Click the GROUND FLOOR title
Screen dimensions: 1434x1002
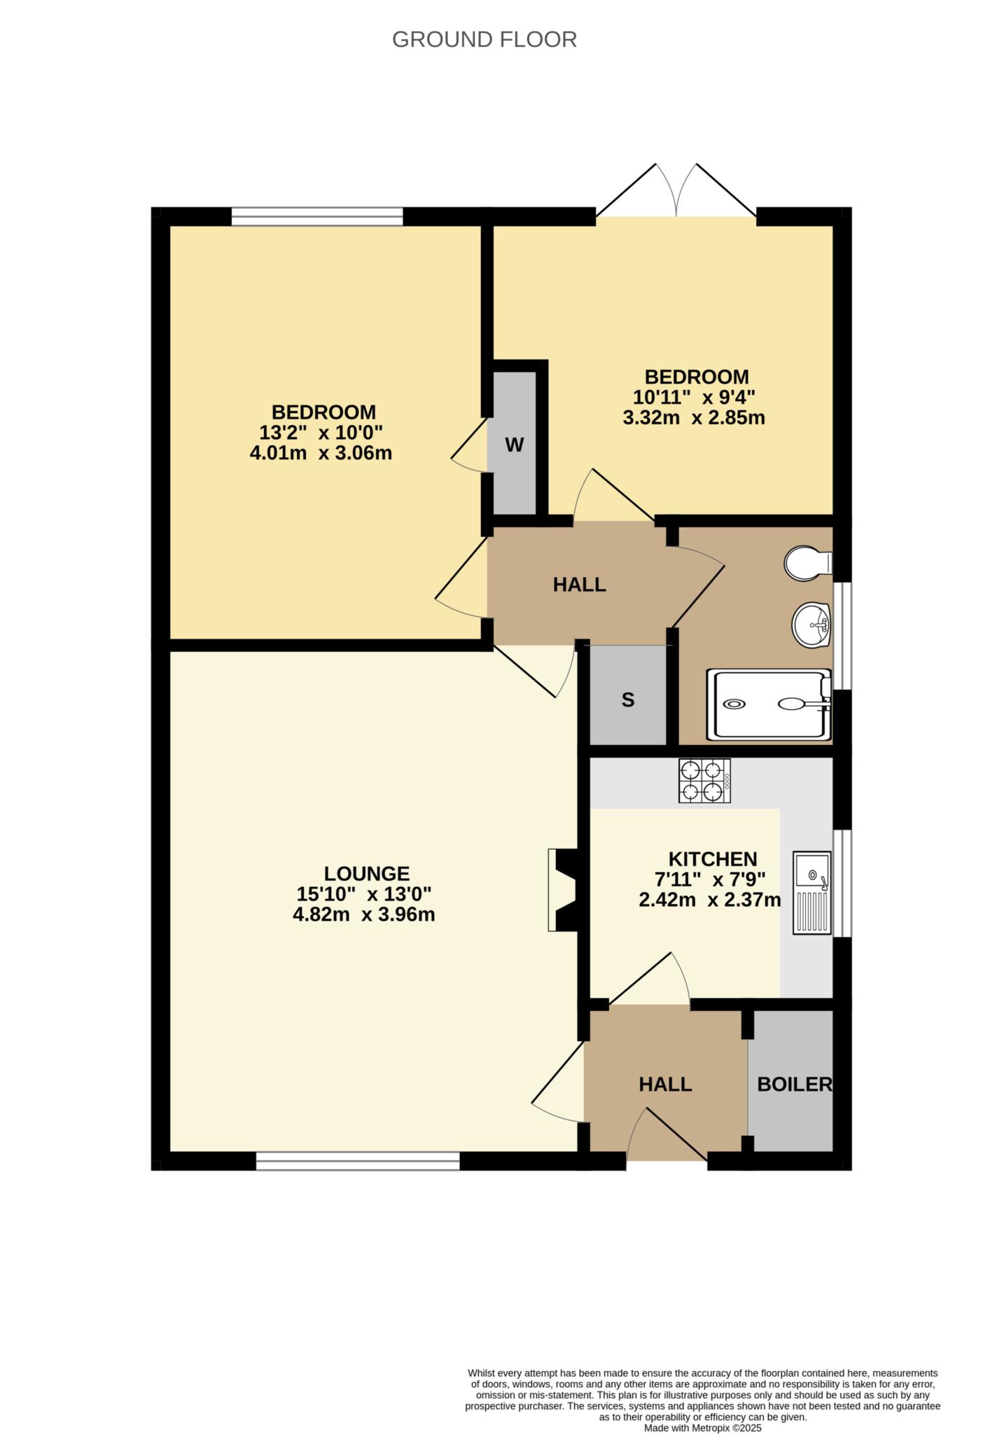[x=484, y=40]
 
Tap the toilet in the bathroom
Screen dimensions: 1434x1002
[x=806, y=563]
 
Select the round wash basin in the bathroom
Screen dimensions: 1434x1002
[x=811, y=624]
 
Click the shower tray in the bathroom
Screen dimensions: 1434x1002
[x=767, y=704]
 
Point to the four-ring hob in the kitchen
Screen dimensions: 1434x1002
[x=704, y=781]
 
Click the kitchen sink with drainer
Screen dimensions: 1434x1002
[x=811, y=892]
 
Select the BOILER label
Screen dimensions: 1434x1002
[x=794, y=1085]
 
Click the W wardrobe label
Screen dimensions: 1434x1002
[x=514, y=445]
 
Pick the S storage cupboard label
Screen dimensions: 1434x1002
[x=628, y=699]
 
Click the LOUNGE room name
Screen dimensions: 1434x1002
[x=366, y=873]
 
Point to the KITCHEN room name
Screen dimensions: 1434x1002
[x=712, y=859]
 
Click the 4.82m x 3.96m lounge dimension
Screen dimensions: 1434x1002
[x=363, y=914]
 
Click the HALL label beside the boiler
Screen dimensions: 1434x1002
[x=664, y=1085]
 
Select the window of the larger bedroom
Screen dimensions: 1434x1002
[x=317, y=216]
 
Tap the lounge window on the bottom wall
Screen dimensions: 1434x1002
[x=357, y=1162]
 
